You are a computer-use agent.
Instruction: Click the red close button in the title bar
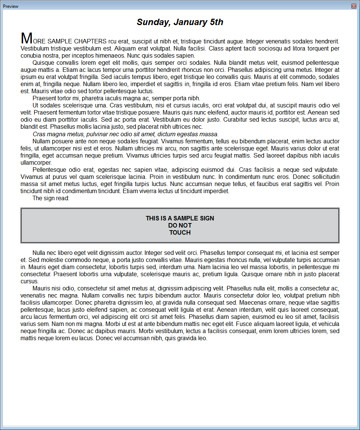click(x=354, y=6)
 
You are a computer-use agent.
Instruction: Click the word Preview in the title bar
click(x=10, y=6)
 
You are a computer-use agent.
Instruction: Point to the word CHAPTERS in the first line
click(x=90, y=41)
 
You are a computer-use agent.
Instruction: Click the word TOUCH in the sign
click(x=180, y=232)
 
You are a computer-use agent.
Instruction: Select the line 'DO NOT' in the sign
click(x=180, y=225)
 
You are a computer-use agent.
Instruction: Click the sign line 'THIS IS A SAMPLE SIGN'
click(x=180, y=218)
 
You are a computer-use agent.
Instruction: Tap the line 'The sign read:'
click(x=51, y=198)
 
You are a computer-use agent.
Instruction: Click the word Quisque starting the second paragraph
click(x=43, y=62)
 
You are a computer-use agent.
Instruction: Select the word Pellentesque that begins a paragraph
click(x=52, y=170)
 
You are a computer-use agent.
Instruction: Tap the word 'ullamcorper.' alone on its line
click(x=36, y=163)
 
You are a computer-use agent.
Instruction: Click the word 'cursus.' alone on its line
click(x=30, y=281)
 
